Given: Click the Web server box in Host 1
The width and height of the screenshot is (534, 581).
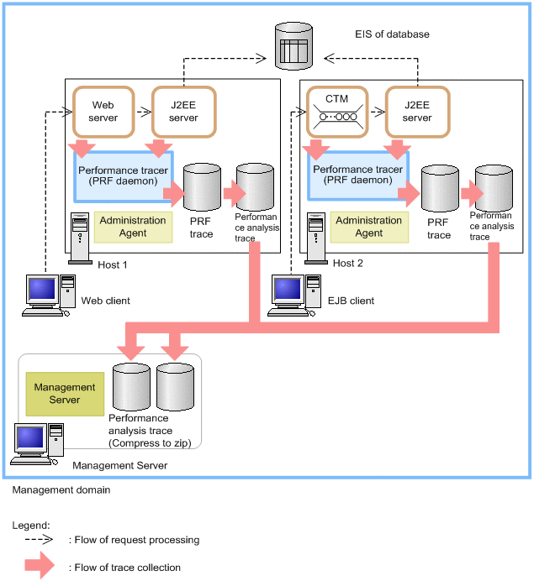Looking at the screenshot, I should tap(102, 111).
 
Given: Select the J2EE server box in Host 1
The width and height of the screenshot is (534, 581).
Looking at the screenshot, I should tap(182, 111).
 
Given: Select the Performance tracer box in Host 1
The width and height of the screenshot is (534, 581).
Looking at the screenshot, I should tap(124, 175).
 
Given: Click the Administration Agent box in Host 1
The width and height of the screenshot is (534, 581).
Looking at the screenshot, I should tap(133, 227).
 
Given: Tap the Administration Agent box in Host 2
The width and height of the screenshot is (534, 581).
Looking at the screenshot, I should tap(368, 227).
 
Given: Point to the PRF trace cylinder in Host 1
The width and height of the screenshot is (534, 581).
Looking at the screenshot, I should tap(202, 189).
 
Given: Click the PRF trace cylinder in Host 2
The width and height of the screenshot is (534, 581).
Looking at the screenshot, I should tap(439, 189).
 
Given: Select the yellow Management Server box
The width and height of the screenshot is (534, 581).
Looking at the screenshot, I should tap(64, 394).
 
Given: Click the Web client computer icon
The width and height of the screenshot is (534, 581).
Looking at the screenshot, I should tap(49, 295).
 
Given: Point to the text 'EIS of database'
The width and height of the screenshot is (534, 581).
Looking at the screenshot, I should tap(392, 34).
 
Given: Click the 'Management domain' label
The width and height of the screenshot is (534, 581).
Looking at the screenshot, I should tap(61, 489).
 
